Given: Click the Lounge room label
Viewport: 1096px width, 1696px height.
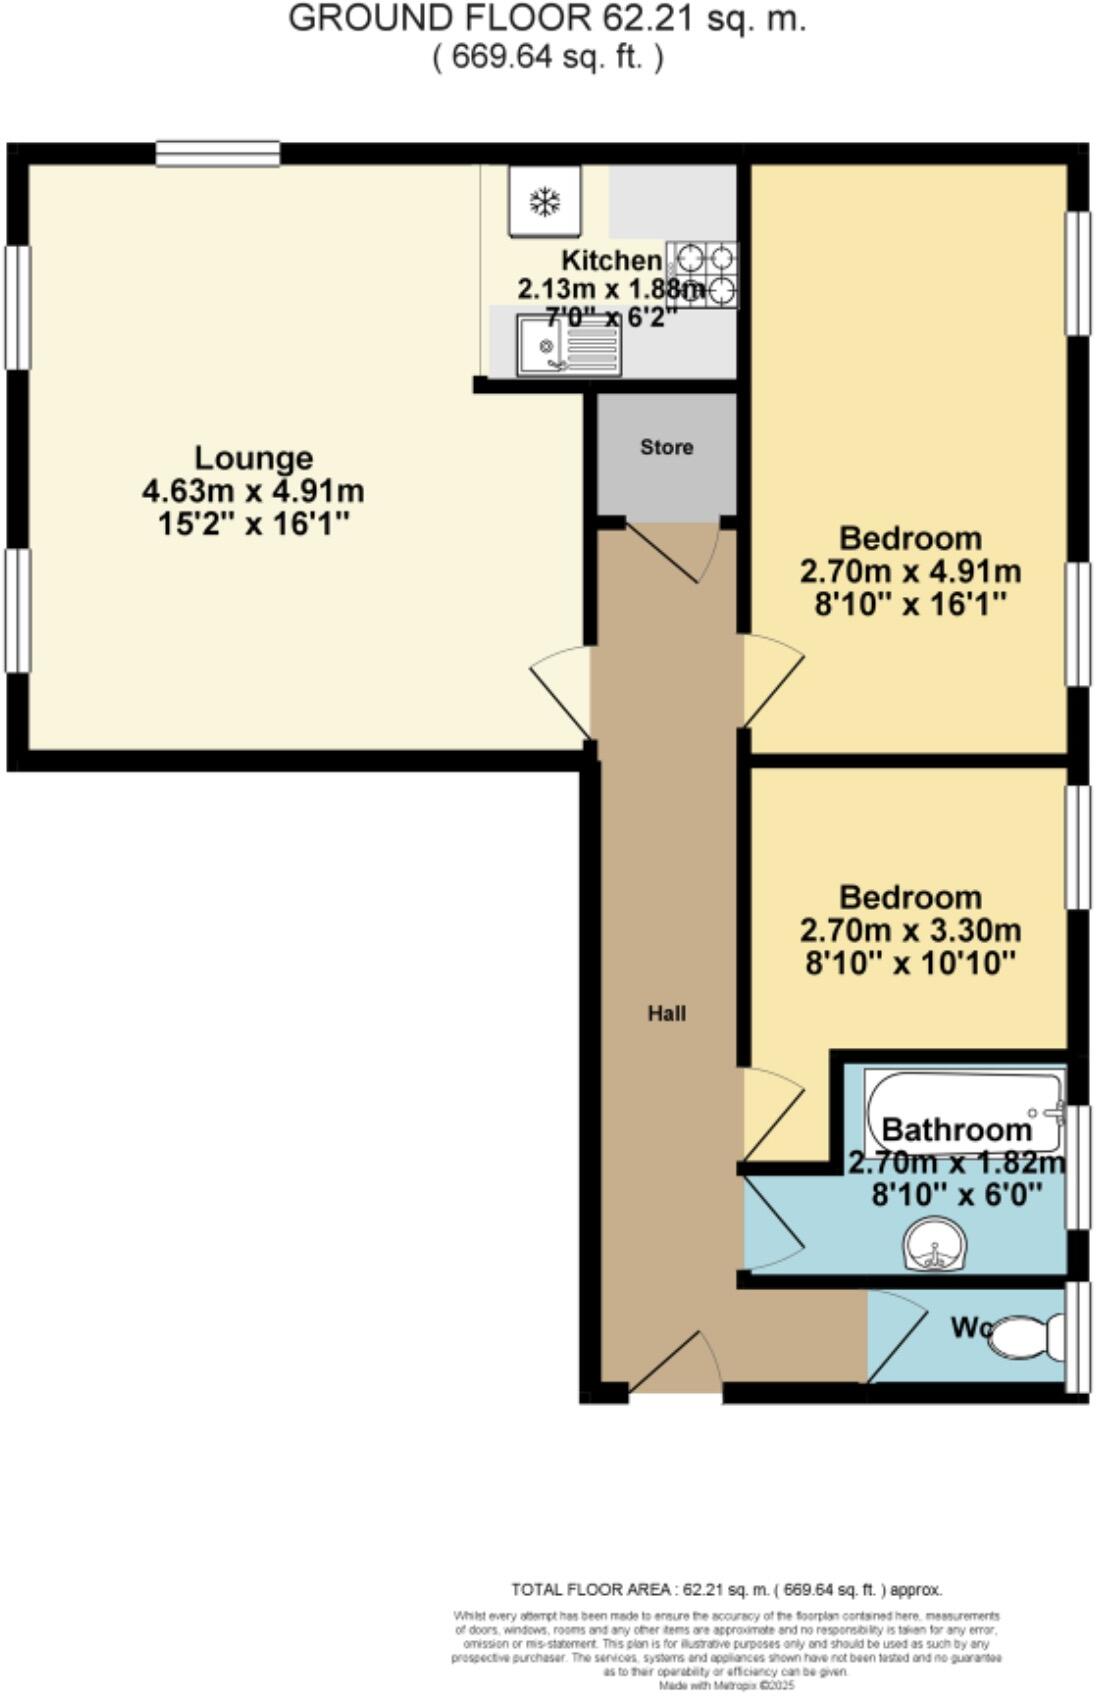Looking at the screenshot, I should (253, 458).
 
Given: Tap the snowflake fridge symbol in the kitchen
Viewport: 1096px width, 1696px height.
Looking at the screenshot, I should (544, 202).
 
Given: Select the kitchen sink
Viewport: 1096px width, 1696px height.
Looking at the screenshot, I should (568, 345).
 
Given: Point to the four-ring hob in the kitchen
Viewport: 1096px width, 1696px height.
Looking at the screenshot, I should (703, 274).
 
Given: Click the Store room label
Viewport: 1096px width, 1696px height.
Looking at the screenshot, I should (666, 447).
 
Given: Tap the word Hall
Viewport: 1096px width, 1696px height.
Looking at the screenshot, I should (666, 1013).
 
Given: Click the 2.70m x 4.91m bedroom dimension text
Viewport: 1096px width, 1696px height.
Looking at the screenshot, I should (910, 572).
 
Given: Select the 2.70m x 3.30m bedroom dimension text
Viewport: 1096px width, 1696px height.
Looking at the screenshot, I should (910, 931).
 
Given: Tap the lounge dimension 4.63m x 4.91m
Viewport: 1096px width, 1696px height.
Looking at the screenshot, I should (253, 492).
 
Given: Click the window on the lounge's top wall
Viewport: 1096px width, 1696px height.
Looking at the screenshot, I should (218, 153).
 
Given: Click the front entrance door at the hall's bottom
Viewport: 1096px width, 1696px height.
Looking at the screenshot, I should (677, 1362).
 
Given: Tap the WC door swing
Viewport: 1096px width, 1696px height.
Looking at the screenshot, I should (895, 1335).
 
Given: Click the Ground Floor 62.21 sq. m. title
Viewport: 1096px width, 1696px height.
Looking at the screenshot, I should (547, 19).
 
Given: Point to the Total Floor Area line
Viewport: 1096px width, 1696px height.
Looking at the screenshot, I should (726, 1589).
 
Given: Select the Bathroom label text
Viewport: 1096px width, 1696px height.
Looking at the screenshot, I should (956, 1130).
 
